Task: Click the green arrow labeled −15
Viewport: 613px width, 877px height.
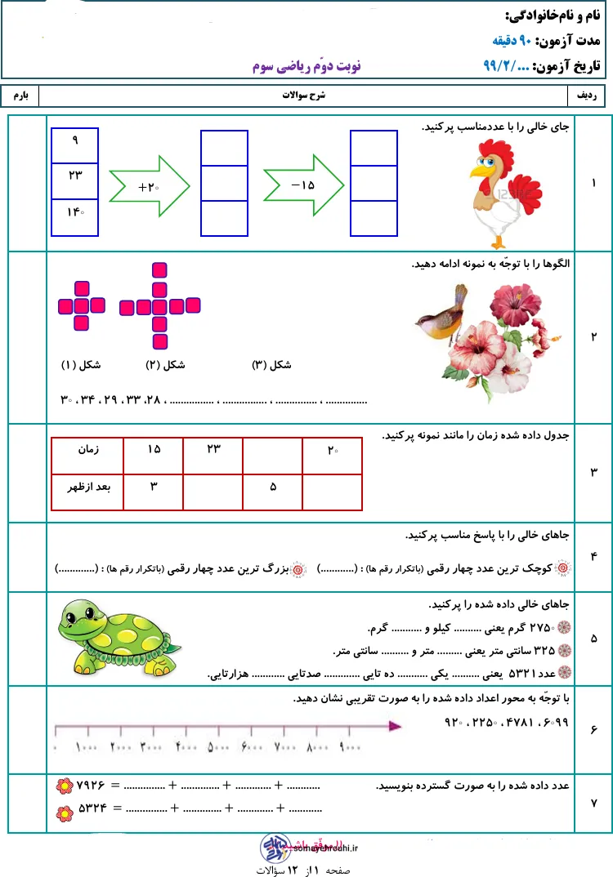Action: [x=303, y=185]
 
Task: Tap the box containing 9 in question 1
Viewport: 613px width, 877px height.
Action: [x=74, y=141]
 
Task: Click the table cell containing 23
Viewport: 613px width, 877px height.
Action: [x=213, y=449]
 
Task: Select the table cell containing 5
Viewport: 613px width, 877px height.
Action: [x=272, y=487]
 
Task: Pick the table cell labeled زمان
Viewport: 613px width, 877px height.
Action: [x=87, y=449]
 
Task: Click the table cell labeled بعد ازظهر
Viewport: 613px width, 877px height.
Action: [x=87, y=487]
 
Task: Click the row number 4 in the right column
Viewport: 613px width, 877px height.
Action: [x=593, y=556]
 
